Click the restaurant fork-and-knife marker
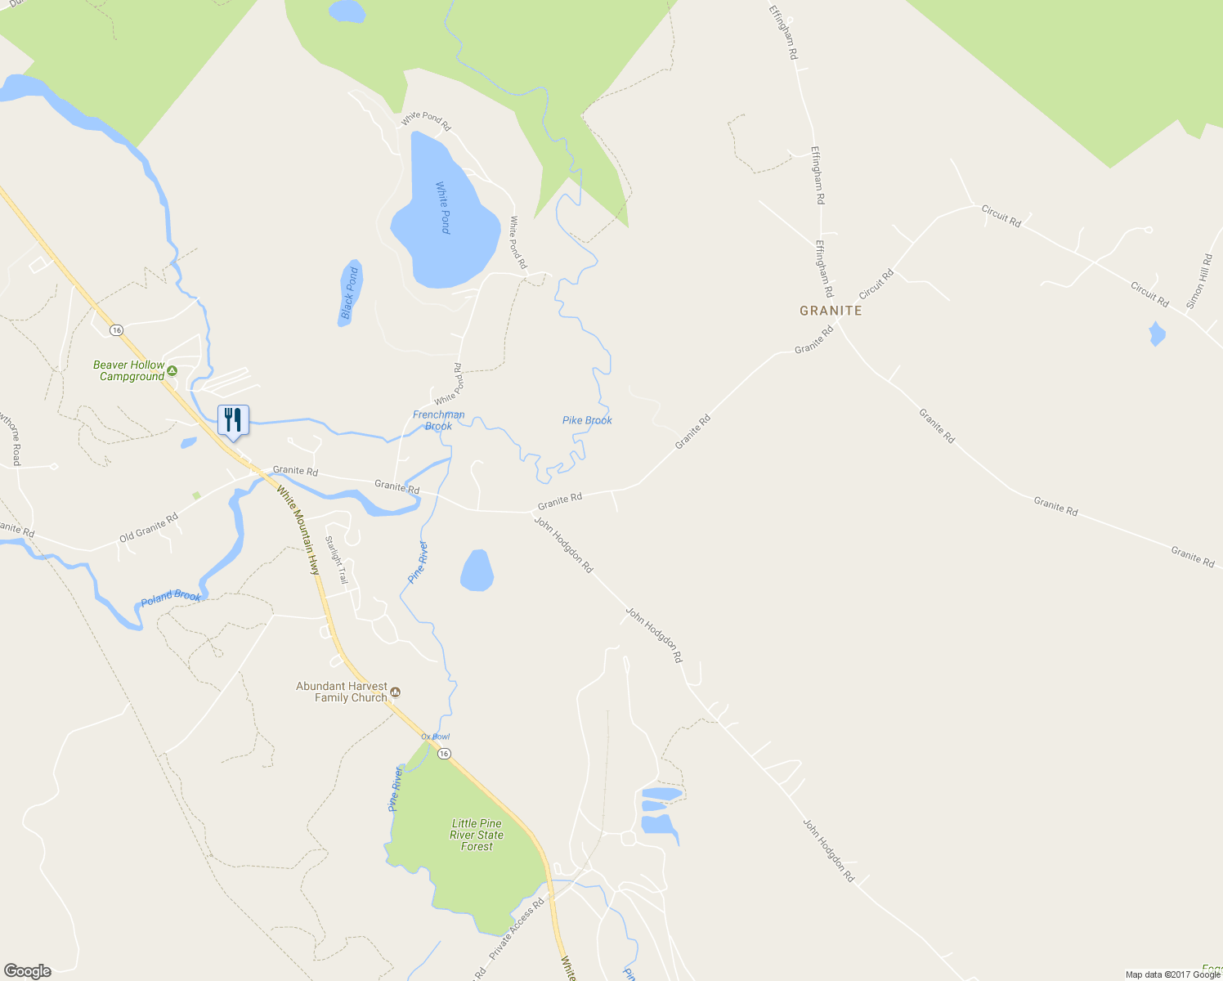click(233, 420)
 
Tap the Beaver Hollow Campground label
click(129, 371)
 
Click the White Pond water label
click(444, 208)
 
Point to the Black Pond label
click(350, 293)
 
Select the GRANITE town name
click(831, 311)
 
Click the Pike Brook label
click(587, 420)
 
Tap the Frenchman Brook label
click(439, 420)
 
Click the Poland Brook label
click(171, 597)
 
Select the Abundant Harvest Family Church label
click(342, 692)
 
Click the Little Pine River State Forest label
click(477, 835)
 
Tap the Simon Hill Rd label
click(1199, 281)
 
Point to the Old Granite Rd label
click(149, 528)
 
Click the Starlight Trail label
click(336, 560)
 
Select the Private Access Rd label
click(517, 929)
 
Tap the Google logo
click(28, 971)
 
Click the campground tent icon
click(172, 371)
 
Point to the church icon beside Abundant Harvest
click(396, 692)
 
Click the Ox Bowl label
click(436, 737)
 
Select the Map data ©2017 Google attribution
click(1172, 974)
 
